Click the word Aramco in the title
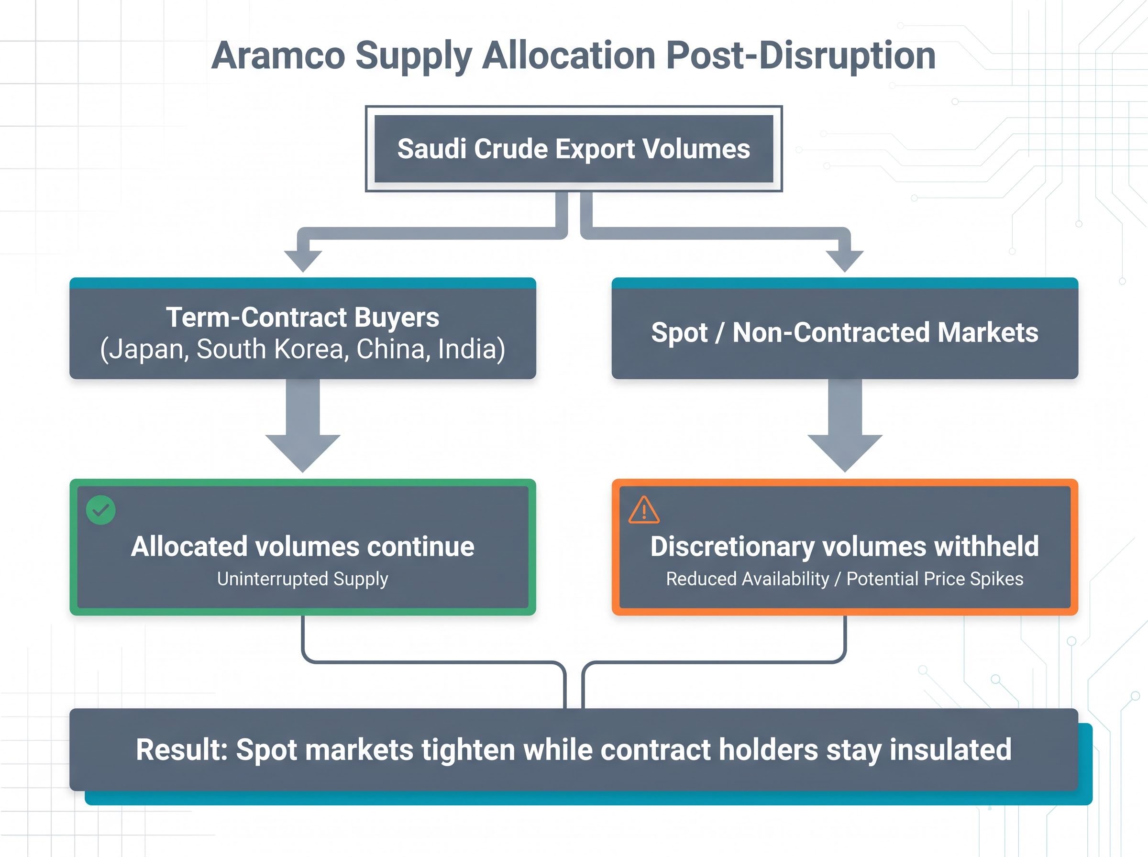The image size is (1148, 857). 278,55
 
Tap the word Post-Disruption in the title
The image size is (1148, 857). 800,55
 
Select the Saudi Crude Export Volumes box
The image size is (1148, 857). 574,149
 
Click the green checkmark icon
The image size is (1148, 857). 100,510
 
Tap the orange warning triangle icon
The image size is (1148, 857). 644,510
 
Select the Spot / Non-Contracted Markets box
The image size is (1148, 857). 845,329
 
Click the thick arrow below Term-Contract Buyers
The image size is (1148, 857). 303,425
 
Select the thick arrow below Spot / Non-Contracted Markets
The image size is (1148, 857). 845,425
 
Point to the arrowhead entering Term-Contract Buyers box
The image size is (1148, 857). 303,262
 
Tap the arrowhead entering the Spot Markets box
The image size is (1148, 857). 845,262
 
